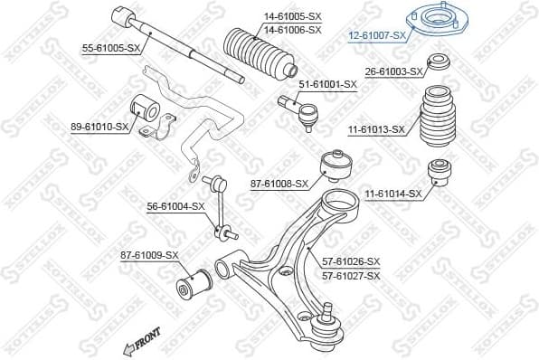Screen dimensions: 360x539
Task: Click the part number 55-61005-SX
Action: point(111,47)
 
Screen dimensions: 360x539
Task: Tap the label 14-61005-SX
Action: point(292,16)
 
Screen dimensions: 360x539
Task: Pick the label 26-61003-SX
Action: point(394,71)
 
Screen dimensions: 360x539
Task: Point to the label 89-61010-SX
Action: point(99,128)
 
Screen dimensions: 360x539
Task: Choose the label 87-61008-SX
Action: point(279,184)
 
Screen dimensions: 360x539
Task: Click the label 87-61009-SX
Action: point(149,256)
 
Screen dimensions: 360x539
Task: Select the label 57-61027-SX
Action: point(351,274)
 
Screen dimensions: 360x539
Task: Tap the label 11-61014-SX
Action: point(393,194)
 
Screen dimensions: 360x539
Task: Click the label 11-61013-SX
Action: point(374,129)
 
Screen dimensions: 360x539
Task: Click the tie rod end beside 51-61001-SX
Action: point(300,110)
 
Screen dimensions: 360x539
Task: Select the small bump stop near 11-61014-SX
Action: point(440,171)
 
